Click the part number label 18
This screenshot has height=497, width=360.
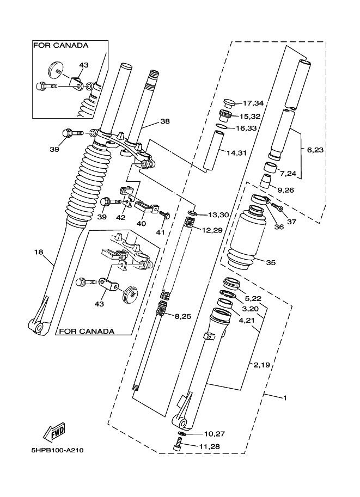point(39,252)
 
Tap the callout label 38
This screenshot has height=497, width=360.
point(165,121)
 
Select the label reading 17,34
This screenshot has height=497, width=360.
point(253,103)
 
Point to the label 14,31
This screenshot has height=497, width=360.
point(237,153)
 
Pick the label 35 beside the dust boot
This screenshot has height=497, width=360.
point(271,262)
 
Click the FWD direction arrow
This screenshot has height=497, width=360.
point(54,433)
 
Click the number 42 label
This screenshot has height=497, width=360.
point(121,217)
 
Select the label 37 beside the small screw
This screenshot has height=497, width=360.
point(291,222)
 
